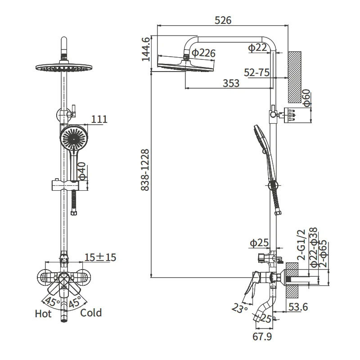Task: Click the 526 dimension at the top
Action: coord(223,20)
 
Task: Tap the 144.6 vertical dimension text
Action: coord(146,49)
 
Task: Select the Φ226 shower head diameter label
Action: coord(203,53)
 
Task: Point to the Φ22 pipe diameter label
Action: coord(257,48)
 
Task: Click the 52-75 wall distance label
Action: coord(256,72)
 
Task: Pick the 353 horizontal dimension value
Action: coord(231,83)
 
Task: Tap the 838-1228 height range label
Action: coord(145,170)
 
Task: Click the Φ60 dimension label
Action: coord(306,98)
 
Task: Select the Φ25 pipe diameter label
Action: coord(259,243)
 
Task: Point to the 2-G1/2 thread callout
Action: coord(301,244)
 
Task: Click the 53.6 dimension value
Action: coord(298,307)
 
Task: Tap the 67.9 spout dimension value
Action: coord(262,337)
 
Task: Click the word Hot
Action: coord(43,314)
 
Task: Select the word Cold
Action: coord(91,313)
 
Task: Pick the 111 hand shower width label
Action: coord(99,119)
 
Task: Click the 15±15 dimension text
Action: coord(100,257)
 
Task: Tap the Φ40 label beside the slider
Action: coord(82,171)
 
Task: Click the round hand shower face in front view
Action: coord(74,138)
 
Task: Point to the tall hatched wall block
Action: coord(295,77)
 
